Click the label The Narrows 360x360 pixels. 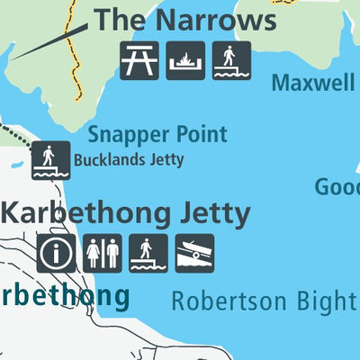(185, 19)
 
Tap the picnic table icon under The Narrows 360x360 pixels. (139, 60)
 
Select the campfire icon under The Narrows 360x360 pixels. (185, 60)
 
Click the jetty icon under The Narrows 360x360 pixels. (231, 60)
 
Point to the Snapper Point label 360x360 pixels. (157, 135)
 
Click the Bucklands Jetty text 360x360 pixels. (129, 161)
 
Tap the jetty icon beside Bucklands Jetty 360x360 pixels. (50, 160)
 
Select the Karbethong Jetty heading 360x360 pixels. (125, 213)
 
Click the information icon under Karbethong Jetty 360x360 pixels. (57, 253)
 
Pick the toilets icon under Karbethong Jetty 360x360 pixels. (103, 253)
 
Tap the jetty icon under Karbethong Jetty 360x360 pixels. (148, 253)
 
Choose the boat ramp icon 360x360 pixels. (193, 253)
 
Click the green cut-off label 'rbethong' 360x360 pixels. (63, 295)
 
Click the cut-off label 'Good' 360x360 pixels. (337, 187)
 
